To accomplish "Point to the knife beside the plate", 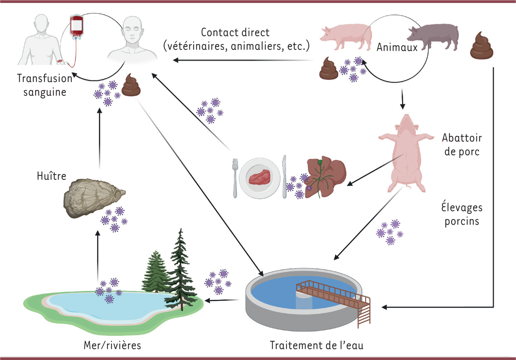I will pos(284,176).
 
